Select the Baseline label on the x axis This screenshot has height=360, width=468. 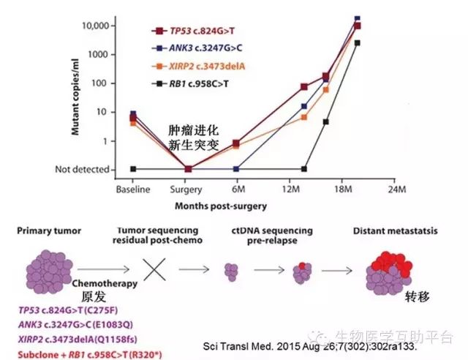[x=132, y=190]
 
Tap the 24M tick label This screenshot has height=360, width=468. [x=396, y=190]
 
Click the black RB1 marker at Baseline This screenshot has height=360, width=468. [x=132, y=169]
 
